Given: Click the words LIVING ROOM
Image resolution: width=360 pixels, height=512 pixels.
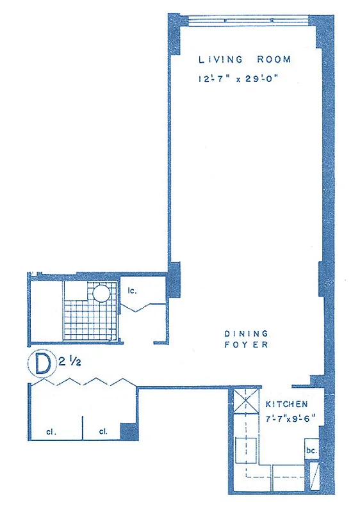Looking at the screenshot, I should (245, 60).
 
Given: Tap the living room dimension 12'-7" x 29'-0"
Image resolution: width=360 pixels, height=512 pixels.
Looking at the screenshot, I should (245, 80).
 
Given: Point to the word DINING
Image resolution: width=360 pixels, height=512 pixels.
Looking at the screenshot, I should (246, 333).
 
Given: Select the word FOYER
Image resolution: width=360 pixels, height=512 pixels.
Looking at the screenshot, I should (246, 345).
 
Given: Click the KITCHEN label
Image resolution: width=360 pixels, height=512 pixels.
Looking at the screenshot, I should (287, 404).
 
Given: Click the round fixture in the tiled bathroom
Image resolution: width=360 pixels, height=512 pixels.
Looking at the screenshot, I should (101, 294).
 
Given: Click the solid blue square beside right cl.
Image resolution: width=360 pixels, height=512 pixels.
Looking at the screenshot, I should (129, 432).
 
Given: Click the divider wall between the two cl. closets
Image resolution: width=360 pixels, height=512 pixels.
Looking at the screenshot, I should (83, 429).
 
